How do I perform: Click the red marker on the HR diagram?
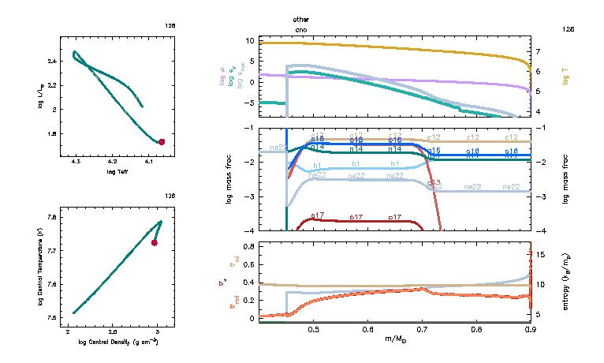[162, 142]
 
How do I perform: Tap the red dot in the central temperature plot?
[155, 243]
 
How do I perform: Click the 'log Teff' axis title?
[117, 171]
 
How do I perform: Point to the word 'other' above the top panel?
[301, 18]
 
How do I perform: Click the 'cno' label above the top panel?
[301, 29]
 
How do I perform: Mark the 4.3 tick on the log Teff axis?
[76, 162]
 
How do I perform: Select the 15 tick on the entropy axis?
[540, 254]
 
